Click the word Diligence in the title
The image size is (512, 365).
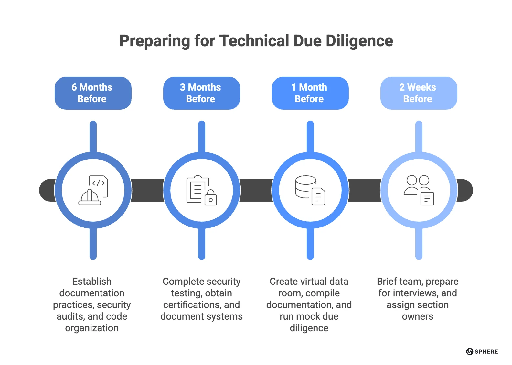point(359,41)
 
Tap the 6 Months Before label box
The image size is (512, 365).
point(93,93)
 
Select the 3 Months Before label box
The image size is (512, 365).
point(201,93)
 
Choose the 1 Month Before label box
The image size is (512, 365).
point(310,93)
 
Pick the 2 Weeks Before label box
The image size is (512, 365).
point(419,93)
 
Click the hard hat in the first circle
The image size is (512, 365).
point(90,197)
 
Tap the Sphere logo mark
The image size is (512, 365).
point(470,352)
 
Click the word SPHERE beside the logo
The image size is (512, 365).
point(486,352)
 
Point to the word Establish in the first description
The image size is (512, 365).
point(92,282)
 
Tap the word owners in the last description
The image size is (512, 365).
point(418,316)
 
